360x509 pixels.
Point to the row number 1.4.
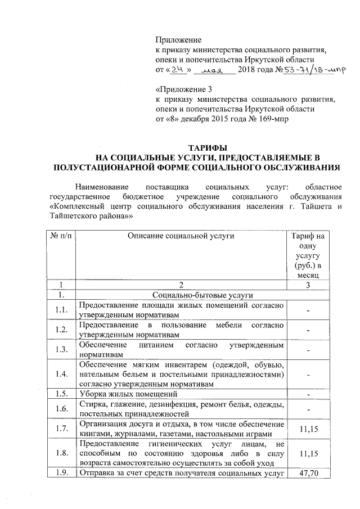coord(61,374)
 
